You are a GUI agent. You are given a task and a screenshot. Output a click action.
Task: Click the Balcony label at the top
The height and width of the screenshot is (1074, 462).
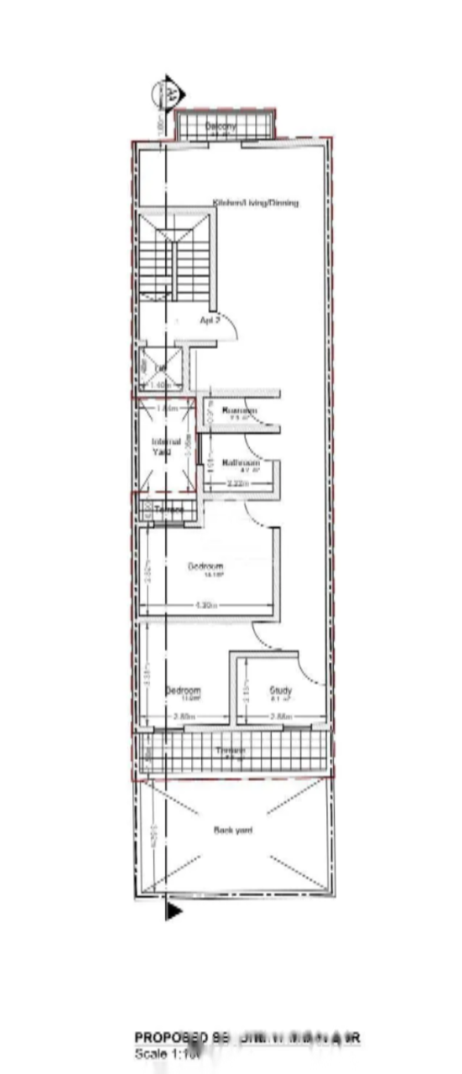(222, 126)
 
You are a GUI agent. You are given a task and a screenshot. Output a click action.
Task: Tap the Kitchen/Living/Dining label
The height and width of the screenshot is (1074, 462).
(256, 203)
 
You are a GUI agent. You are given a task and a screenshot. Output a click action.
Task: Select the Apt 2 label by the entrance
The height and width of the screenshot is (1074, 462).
(210, 320)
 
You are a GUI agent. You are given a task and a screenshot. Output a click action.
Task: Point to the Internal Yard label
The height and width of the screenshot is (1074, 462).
(162, 446)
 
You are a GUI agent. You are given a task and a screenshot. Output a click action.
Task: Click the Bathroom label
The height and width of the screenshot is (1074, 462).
(241, 462)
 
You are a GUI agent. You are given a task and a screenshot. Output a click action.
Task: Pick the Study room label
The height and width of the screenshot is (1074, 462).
(279, 691)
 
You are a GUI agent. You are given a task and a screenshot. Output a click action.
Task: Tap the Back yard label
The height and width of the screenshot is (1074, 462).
(232, 830)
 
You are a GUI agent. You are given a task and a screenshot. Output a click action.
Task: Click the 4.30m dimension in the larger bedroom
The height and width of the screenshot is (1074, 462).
(206, 605)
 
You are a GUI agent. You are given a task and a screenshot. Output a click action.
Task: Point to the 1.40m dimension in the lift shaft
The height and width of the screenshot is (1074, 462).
(159, 385)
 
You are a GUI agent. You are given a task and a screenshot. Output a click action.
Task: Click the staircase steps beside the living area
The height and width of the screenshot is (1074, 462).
(174, 256)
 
